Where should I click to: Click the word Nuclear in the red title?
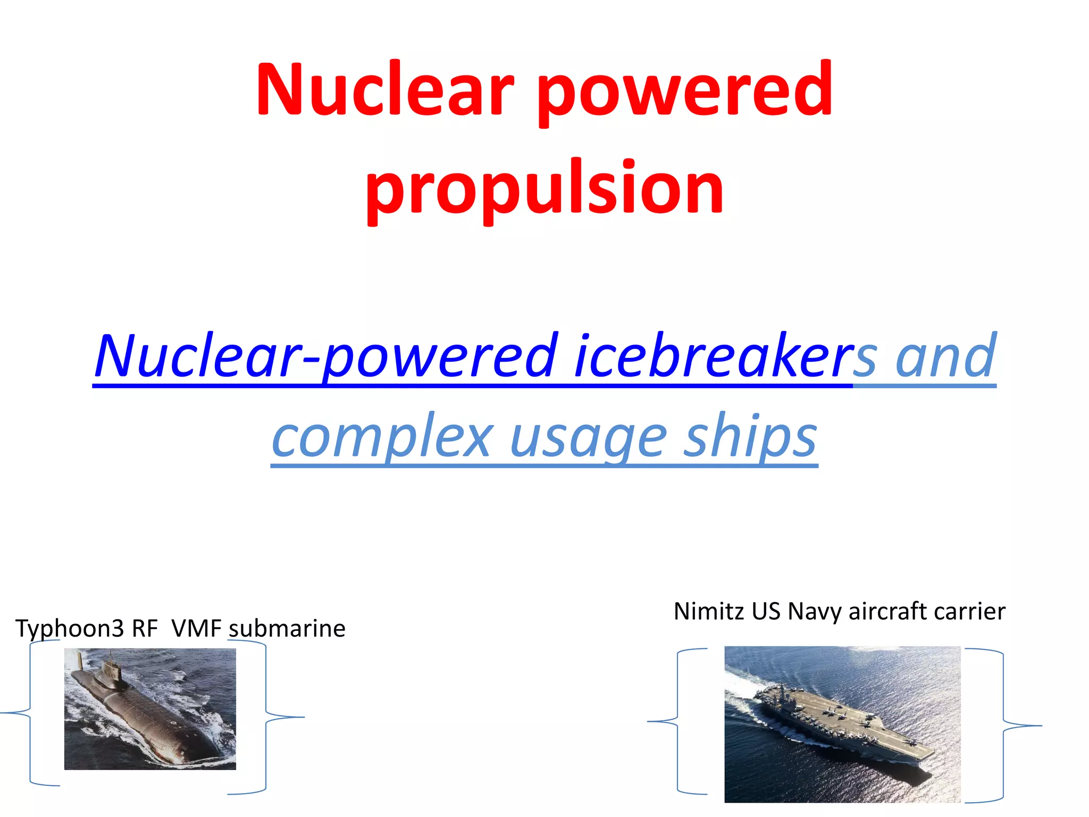[385, 89]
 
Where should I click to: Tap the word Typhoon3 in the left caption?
[69, 629]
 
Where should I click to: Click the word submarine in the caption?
[287, 629]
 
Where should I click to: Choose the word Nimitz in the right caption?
[709, 611]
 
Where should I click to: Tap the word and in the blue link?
[945, 355]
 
